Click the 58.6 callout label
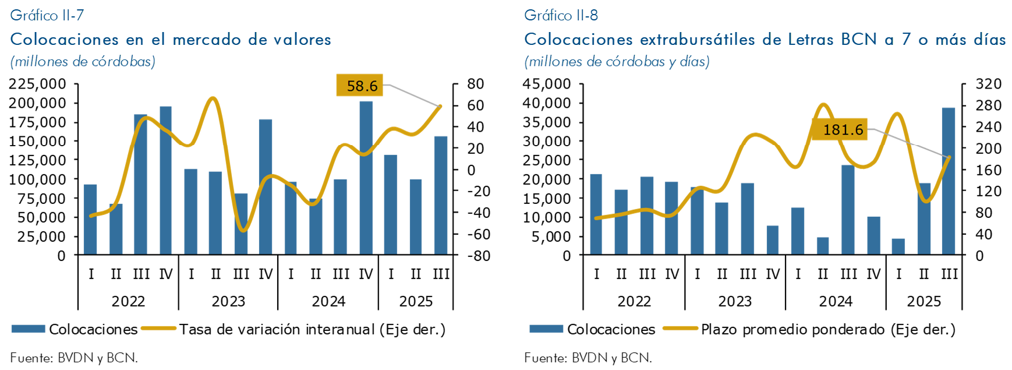click(362, 86)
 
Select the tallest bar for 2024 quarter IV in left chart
click(366, 178)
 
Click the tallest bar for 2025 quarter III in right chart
click(949, 181)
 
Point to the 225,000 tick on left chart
click(37, 84)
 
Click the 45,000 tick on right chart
click(546, 84)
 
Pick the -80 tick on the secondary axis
click(479, 256)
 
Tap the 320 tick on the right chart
click(988, 84)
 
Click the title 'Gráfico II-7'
click(47, 15)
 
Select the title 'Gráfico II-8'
click(561, 15)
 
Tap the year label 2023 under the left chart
click(228, 301)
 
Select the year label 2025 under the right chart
click(923, 301)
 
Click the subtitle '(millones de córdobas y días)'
click(617, 62)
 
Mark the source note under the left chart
click(74, 358)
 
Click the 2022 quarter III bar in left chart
click(140, 184)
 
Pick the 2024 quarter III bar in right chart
click(848, 210)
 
